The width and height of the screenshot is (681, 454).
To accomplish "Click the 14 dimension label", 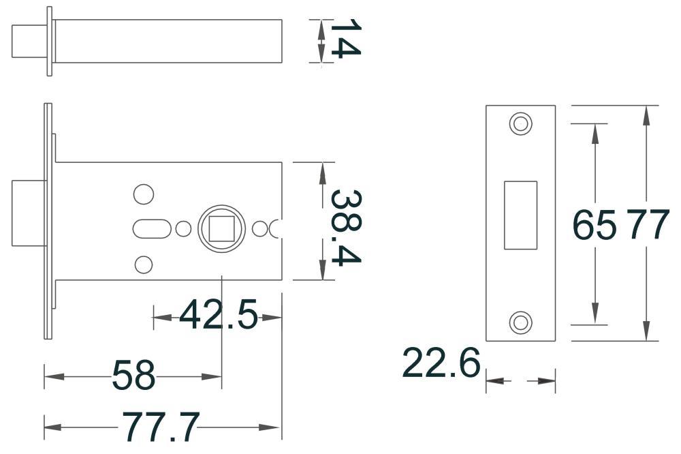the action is pyautogui.click(x=346, y=38).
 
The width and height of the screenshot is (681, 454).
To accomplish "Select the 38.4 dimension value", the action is pyautogui.click(x=346, y=228).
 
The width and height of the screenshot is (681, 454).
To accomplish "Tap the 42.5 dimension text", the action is pyautogui.click(x=219, y=314).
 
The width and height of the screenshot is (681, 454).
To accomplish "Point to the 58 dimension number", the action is pyautogui.click(x=133, y=375).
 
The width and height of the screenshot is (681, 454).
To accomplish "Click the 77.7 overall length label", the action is pyautogui.click(x=161, y=427).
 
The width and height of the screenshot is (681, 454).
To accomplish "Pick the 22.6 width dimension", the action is pyautogui.click(x=441, y=363).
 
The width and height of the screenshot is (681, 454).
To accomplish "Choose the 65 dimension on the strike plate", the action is pyautogui.click(x=594, y=224).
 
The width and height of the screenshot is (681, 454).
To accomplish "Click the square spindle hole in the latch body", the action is pyautogui.click(x=221, y=228).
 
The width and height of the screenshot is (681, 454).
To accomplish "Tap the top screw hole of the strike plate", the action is pyautogui.click(x=520, y=123).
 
